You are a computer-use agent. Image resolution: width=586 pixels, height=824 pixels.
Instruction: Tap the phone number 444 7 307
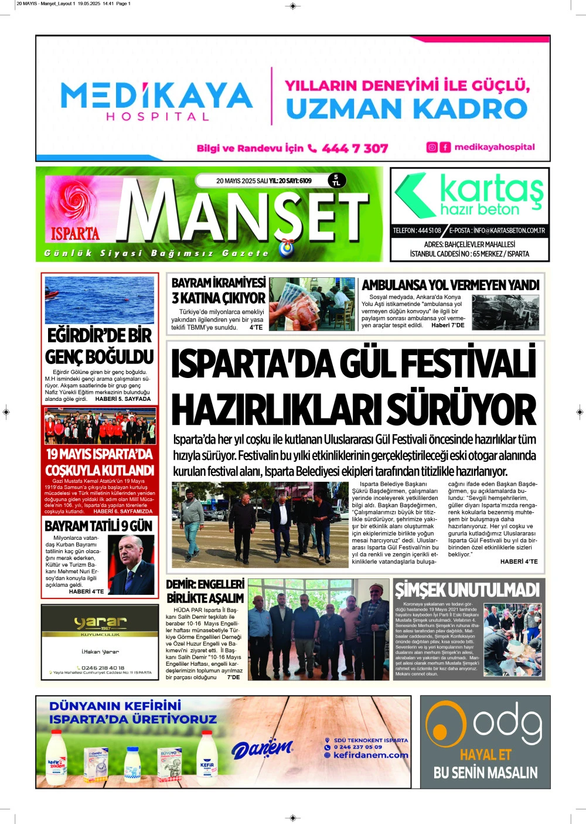355,148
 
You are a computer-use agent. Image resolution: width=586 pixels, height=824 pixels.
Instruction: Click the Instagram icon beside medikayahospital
432,147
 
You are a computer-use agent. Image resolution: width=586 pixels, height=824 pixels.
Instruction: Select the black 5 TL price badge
336,180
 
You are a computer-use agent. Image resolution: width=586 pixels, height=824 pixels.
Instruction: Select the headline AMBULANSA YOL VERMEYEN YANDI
450,285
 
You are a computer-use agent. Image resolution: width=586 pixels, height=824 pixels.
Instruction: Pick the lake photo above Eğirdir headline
100,299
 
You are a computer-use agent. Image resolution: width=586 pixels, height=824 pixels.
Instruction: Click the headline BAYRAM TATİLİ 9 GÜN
98,526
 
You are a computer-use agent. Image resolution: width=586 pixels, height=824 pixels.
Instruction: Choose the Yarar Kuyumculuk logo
100,622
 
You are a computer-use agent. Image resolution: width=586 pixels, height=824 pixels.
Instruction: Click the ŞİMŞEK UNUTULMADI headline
466,590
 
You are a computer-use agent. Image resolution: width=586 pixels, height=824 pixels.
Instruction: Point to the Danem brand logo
262,748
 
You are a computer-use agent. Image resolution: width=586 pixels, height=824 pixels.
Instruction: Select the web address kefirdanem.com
370,755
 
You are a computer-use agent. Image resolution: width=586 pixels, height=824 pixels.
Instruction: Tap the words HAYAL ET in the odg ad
485,755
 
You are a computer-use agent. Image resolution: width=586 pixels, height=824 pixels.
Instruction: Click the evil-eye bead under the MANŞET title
287,248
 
